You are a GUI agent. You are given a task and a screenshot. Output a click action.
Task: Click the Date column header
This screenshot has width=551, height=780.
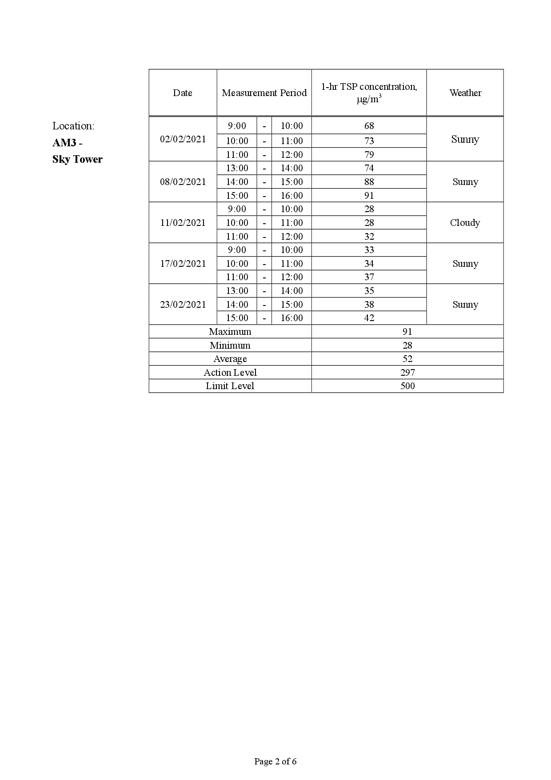[x=183, y=93]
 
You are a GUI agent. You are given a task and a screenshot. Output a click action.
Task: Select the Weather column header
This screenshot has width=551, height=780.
[x=465, y=93]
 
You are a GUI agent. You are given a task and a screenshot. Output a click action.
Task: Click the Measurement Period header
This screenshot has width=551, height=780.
[x=264, y=93]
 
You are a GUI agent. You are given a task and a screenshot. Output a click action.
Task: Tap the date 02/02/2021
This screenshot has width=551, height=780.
[x=183, y=139]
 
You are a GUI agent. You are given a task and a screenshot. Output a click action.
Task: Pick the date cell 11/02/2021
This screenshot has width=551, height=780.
[x=183, y=223]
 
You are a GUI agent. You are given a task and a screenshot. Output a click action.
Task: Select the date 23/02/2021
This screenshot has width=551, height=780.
[x=183, y=305]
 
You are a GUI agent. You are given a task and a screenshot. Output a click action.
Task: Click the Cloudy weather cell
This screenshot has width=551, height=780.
[x=465, y=223]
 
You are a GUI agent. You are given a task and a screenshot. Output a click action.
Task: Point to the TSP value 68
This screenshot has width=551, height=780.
[x=369, y=126]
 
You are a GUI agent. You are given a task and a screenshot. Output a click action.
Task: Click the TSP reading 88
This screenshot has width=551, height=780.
[x=369, y=182]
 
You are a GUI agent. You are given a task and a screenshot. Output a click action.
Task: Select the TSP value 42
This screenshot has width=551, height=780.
[x=369, y=318]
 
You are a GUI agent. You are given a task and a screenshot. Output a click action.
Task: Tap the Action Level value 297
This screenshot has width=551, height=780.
[x=407, y=373]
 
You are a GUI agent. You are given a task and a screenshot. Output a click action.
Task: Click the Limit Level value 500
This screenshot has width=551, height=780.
[x=407, y=386]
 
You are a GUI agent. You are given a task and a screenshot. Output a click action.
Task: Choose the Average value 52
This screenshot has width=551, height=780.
[x=407, y=359]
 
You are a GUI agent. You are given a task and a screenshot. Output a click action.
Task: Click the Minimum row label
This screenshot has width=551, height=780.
[x=230, y=346]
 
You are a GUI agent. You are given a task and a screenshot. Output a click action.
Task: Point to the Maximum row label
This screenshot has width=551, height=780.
[x=230, y=332]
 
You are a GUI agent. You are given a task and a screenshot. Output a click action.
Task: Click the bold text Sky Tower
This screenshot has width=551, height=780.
[x=77, y=159]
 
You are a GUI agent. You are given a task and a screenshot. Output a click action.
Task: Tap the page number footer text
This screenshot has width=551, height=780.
[x=275, y=761]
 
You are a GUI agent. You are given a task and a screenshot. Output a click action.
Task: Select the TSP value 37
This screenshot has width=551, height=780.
[x=369, y=277]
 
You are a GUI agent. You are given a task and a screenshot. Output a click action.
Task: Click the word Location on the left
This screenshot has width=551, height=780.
[x=73, y=126]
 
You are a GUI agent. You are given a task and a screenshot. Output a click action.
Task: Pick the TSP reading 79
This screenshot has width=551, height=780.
[x=369, y=155]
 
